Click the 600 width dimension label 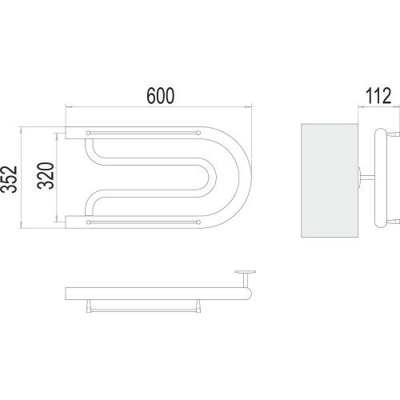pyautogui.click(x=161, y=95)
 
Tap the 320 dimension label pyautogui.click(x=46, y=176)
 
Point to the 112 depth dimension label pyautogui.click(x=378, y=95)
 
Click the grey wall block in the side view pyautogui.click(x=330, y=180)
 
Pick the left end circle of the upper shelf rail pyautogui.click(x=88, y=133)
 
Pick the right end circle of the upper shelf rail pyautogui.click(x=198, y=133)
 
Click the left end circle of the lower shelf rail pyautogui.click(x=88, y=222)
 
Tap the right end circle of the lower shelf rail pyautogui.click(x=198, y=222)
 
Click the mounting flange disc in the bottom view pyautogui.click(x=246, y=272)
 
